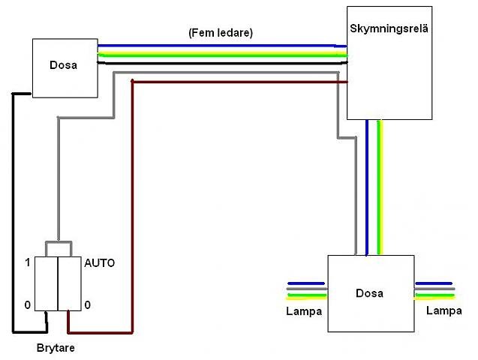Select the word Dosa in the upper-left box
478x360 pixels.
click(x=64, y=65)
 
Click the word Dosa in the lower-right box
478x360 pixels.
click(x=369, y=293)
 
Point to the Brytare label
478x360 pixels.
click(x=56, y=348)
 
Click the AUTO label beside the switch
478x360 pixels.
click(x=99, y=264)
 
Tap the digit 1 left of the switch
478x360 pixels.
click(x=28, y=263)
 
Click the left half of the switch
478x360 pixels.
click(x=47, y=283)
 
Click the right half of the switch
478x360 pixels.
click(x=70, y=283)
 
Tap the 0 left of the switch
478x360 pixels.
click(x=28, y=305)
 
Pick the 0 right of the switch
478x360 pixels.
click(x=88, y=305)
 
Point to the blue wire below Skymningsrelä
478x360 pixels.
click(x=366, y=187)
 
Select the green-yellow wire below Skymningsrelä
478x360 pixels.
click(x=380, y=187)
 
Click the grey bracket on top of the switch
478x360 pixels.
click(x=58, y=243)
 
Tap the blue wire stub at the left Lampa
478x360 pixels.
click(x=305, y=284)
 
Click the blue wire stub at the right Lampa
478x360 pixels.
click(x=434, y=284)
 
